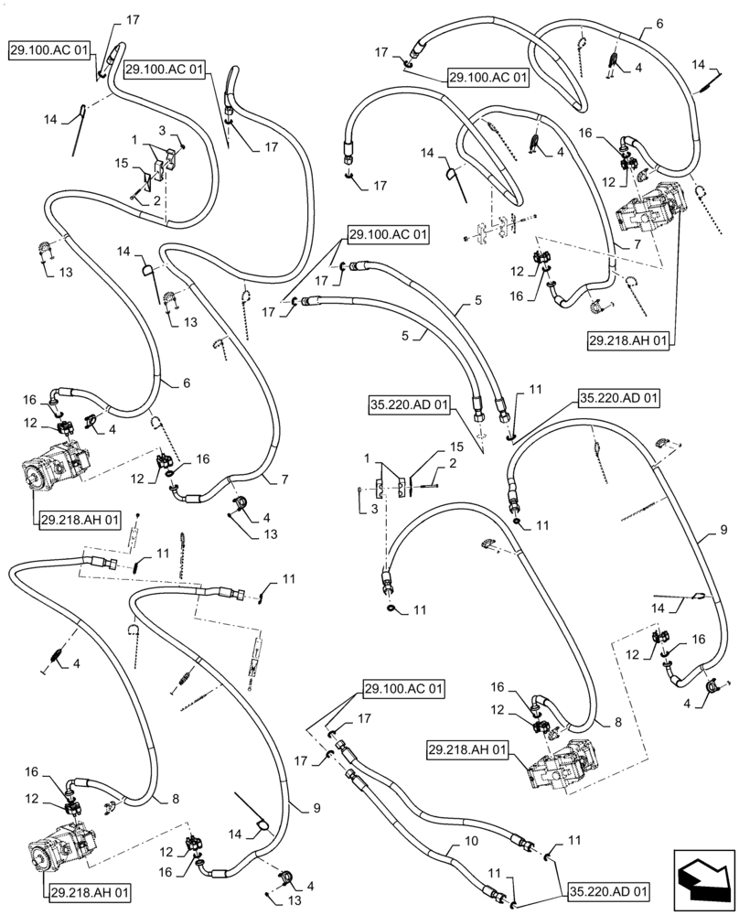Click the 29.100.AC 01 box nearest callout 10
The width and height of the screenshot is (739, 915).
[404, 688]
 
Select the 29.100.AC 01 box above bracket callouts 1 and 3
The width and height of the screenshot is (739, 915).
[166, 70]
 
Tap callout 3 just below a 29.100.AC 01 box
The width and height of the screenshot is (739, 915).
[164, 130]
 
